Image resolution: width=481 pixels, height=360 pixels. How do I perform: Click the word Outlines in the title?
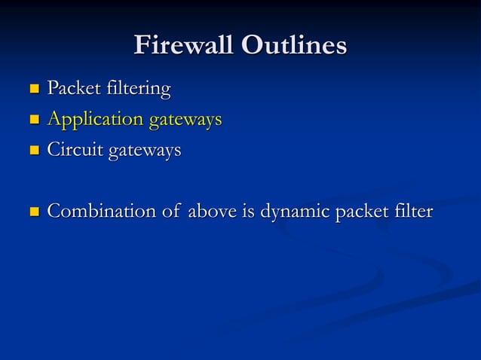[294, 45]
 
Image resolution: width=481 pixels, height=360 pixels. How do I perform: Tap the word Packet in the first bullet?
[73, 89]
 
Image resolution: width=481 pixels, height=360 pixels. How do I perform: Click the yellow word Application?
[95, 120]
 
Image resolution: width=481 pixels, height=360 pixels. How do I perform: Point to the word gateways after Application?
[185, 120]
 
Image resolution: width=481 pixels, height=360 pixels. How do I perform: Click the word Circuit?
[75, 150]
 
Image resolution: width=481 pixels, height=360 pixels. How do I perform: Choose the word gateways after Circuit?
[145, 151]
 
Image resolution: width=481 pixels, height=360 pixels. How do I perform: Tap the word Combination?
[102, 212]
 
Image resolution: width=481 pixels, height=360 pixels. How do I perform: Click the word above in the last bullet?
[212, 212]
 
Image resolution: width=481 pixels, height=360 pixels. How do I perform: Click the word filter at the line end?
[413, 212]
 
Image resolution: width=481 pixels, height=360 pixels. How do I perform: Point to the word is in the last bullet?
[248, 212]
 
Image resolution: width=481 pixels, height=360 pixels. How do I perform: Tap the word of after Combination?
[171, 212]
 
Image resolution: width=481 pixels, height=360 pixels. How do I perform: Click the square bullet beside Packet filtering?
[32, 90]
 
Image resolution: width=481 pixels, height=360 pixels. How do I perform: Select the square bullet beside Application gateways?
[32, 121]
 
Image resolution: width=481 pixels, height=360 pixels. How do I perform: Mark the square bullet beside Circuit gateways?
[32, 151]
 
